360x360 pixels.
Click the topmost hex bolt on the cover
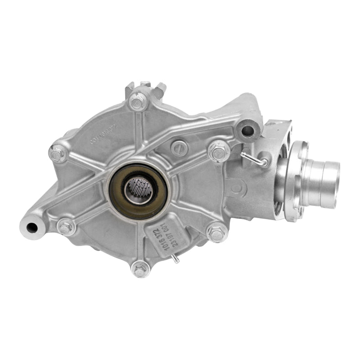[x=138, y=101]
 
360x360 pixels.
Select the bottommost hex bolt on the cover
[x=141, y=269]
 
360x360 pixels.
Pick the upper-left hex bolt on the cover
[x=58, y=153]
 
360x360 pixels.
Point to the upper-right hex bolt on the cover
[x=220, y=151]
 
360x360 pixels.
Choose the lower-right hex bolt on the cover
[x=216, y=233]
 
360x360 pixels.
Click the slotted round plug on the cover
[x=180, y=146]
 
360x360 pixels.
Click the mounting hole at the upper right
[x=247, y=131]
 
